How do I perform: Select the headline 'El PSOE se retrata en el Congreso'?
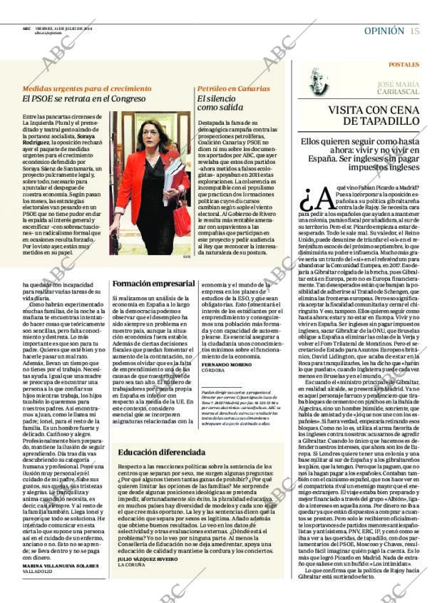(x=84, y=99)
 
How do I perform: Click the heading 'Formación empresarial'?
(x=153, y=284)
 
